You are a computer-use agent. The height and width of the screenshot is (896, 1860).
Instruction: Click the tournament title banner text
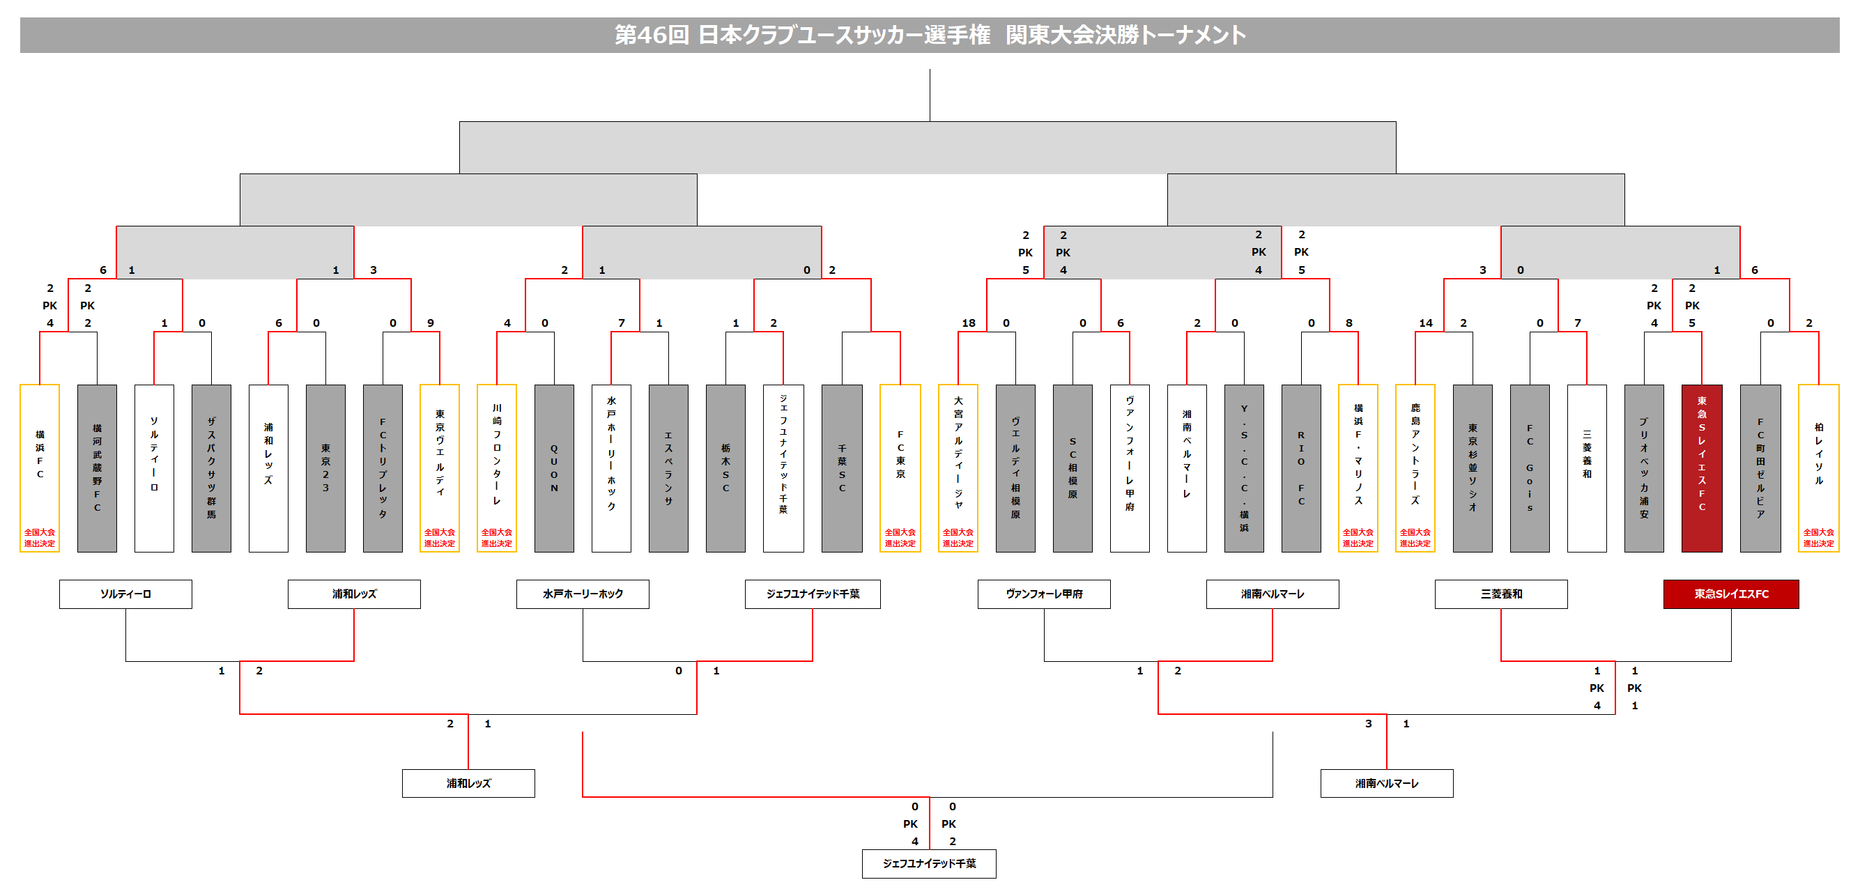929,35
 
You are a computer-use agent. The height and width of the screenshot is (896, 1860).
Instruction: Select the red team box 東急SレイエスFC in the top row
1701,468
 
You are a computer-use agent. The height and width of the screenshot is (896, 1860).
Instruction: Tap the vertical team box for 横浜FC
40,468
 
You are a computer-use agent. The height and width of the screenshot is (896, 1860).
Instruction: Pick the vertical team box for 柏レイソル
1817,468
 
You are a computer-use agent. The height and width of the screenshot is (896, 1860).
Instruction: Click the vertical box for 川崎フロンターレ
497,468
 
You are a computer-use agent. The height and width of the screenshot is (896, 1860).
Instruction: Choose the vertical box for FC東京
900,468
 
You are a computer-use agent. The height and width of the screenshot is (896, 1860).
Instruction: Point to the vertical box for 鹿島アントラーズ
1415,468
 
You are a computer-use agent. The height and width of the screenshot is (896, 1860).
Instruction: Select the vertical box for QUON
554,468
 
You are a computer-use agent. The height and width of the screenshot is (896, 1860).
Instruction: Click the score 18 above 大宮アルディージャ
968,323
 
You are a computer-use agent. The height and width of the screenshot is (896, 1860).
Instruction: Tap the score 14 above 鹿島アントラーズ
1425,323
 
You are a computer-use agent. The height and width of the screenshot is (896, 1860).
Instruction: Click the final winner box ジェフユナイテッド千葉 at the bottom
928,863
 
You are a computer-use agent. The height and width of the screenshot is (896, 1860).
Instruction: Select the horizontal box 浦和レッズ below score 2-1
468,783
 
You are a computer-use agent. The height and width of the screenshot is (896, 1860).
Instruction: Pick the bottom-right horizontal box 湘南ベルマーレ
1386,783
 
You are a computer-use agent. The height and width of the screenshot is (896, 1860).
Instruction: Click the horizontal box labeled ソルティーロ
125,594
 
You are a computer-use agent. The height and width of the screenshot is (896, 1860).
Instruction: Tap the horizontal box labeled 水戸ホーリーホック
583,594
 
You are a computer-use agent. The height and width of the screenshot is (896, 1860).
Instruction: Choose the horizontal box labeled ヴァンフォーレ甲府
1044,594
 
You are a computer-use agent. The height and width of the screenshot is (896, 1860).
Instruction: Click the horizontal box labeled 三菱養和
1501,594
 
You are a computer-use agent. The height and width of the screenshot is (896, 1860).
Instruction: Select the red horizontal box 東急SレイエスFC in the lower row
1731,594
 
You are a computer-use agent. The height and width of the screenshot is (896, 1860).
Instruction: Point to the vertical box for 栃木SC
725,468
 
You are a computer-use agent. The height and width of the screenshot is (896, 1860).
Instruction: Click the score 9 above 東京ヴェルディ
431,323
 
